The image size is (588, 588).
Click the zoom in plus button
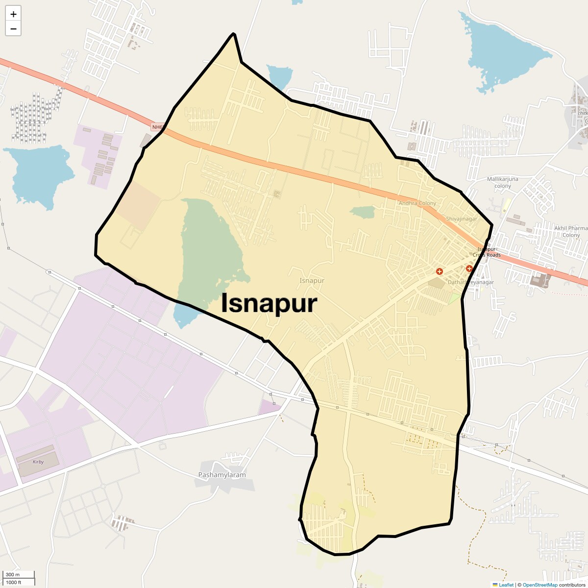click(x=13, y=14)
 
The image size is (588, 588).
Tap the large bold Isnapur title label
click(x=269, y=303)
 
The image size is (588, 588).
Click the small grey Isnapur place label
click(x=312, y=281)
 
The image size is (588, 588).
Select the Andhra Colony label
click(x=417, y=203)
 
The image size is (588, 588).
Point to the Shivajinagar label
click(x=461, y=219)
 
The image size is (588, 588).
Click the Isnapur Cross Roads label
click(x=487, y=252)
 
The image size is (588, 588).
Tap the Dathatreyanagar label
click(x=471, y=282)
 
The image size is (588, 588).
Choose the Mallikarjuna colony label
click(x=502, y=182)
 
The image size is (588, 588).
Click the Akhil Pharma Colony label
click(x=571, y=231)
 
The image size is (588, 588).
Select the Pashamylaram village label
click(x=222, y=475)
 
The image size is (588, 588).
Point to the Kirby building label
click(x=38, y=462)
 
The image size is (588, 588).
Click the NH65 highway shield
click(x=157, y=127)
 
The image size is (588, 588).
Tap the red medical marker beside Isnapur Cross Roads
click(x=469, y=269)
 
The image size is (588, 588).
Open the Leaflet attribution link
click(x=506, y=585)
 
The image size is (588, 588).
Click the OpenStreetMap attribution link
click(x=540, y=585)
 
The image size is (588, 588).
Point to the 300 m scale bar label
click(x=13, y=575)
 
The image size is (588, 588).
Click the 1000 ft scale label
click(x=13, y=582)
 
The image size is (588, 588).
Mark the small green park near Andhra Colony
click(x=363, y=212)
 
